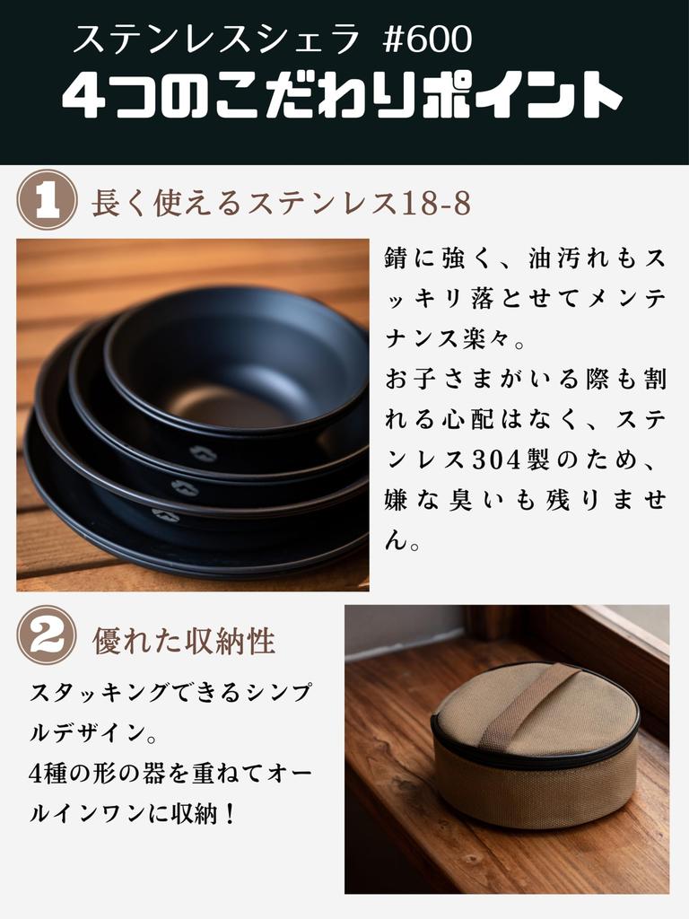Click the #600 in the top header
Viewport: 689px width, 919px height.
pyautogui.click(x=427, y=39)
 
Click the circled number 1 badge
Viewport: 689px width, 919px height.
pyautogui.click(x=46, y=200)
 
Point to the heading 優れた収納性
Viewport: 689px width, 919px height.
pyautogui.click(x=184, y=641)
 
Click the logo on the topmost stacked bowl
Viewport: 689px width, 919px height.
pyautogui.click(x=204, y=454)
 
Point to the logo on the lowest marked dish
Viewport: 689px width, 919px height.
pyautogui.click(x=164, y=515)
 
